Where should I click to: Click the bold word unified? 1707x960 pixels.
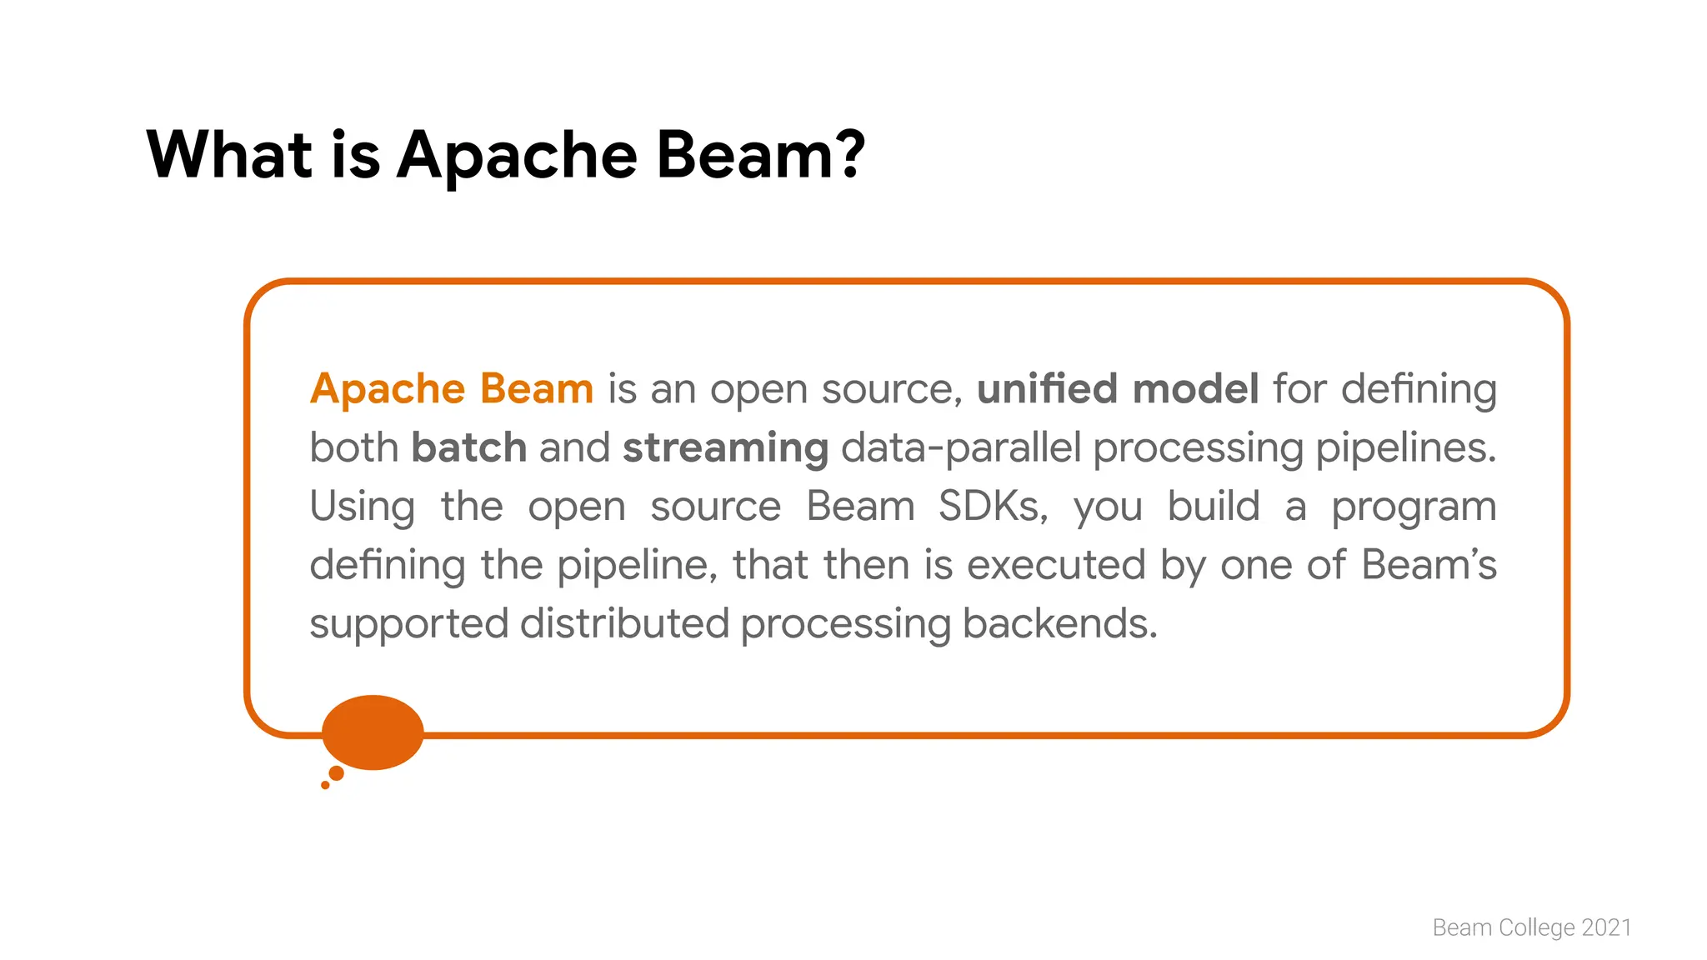(1047, 389)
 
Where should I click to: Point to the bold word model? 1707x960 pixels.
(1195, 389)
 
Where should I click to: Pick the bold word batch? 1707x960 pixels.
(468, 447)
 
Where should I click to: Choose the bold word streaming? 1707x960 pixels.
(725, 448)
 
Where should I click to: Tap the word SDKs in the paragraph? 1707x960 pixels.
(992, 507)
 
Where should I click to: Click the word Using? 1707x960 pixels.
(362, 507)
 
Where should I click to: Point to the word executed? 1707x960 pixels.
(1056, 565)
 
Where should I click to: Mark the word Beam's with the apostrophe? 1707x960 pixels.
(1429, 565)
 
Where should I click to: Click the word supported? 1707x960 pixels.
(408, 624)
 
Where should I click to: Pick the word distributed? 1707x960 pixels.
(624, 623)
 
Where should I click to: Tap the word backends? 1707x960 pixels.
(1059, 623)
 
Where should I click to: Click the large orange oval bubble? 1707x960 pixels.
(373, 732)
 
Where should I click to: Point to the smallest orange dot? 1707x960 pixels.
(325, 785)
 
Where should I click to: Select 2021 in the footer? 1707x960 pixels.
(1606, 927)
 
